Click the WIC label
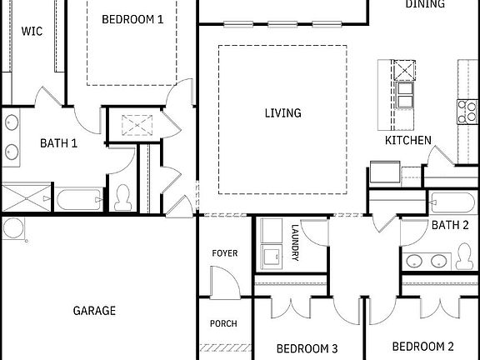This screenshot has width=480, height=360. click(32, 31)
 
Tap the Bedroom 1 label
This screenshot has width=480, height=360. click(132, 18)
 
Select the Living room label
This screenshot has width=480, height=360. click(283, 113)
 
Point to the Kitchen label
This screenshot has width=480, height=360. click(407, 140)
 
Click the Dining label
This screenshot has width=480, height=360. click(425, 4)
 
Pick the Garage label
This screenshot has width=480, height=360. click(94, 311)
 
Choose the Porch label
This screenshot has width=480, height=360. click(224, 323)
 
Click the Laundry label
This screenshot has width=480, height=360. click(295, 242)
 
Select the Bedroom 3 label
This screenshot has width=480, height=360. click(307, 348)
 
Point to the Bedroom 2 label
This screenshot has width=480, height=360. click(422, 346)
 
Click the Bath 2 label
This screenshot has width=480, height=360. click(450, 225)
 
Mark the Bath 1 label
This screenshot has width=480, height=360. click(59, 142)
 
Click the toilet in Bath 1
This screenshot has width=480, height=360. click(124, 197)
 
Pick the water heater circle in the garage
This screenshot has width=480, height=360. click(14, 227)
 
